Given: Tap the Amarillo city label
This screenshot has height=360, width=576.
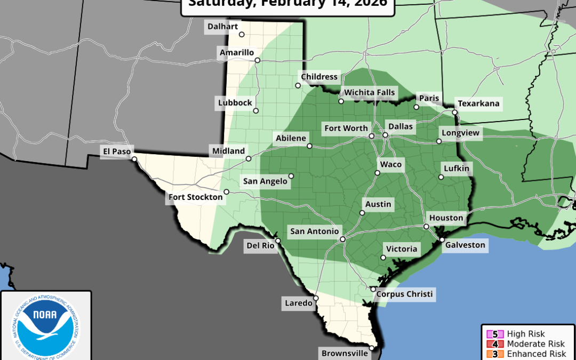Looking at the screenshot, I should (237, 52).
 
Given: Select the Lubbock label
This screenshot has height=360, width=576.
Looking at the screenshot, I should (235, 103).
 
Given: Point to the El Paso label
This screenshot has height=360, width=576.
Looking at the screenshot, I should (117, 151).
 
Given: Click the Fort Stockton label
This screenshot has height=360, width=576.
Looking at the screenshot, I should (196, 197).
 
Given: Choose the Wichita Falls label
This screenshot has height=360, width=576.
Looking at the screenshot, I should (370, 92).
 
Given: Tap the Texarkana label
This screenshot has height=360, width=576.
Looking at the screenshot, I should (478, 103).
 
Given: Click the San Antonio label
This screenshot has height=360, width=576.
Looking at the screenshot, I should (314, 231).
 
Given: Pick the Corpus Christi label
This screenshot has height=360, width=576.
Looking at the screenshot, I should (404, 294).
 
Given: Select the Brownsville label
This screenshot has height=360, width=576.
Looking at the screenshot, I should (345, 353).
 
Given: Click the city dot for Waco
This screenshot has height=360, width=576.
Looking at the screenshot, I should (377, 173).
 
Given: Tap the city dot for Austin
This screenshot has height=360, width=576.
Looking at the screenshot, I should (362, 213).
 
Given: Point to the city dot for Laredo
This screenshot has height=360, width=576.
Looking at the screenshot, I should (316, 298).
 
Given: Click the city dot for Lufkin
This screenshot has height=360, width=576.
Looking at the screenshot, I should (441, 177).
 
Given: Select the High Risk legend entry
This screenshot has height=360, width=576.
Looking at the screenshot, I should (525, 334).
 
